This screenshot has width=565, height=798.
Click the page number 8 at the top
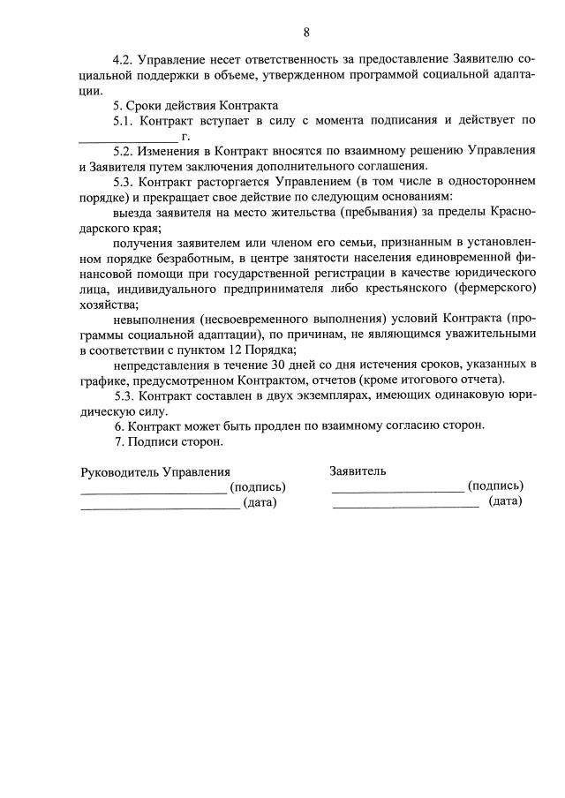(305, 33)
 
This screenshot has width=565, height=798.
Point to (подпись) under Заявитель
(495, 486)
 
